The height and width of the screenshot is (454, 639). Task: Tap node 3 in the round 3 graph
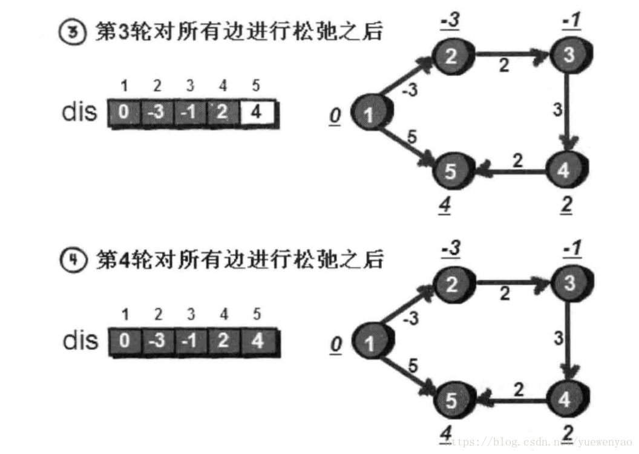click(568, 56)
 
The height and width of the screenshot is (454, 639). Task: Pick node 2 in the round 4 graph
click(452, 284)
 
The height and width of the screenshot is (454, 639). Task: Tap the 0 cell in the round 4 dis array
click(124, 341)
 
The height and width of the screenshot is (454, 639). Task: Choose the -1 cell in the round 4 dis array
click(191, 341)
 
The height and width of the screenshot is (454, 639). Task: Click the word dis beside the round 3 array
click(79, 113)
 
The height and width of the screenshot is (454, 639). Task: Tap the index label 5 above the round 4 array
click(257, 315)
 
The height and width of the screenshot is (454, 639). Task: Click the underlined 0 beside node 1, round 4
click(336, 344)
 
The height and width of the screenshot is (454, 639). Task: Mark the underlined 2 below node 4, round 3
click(566, 206)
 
